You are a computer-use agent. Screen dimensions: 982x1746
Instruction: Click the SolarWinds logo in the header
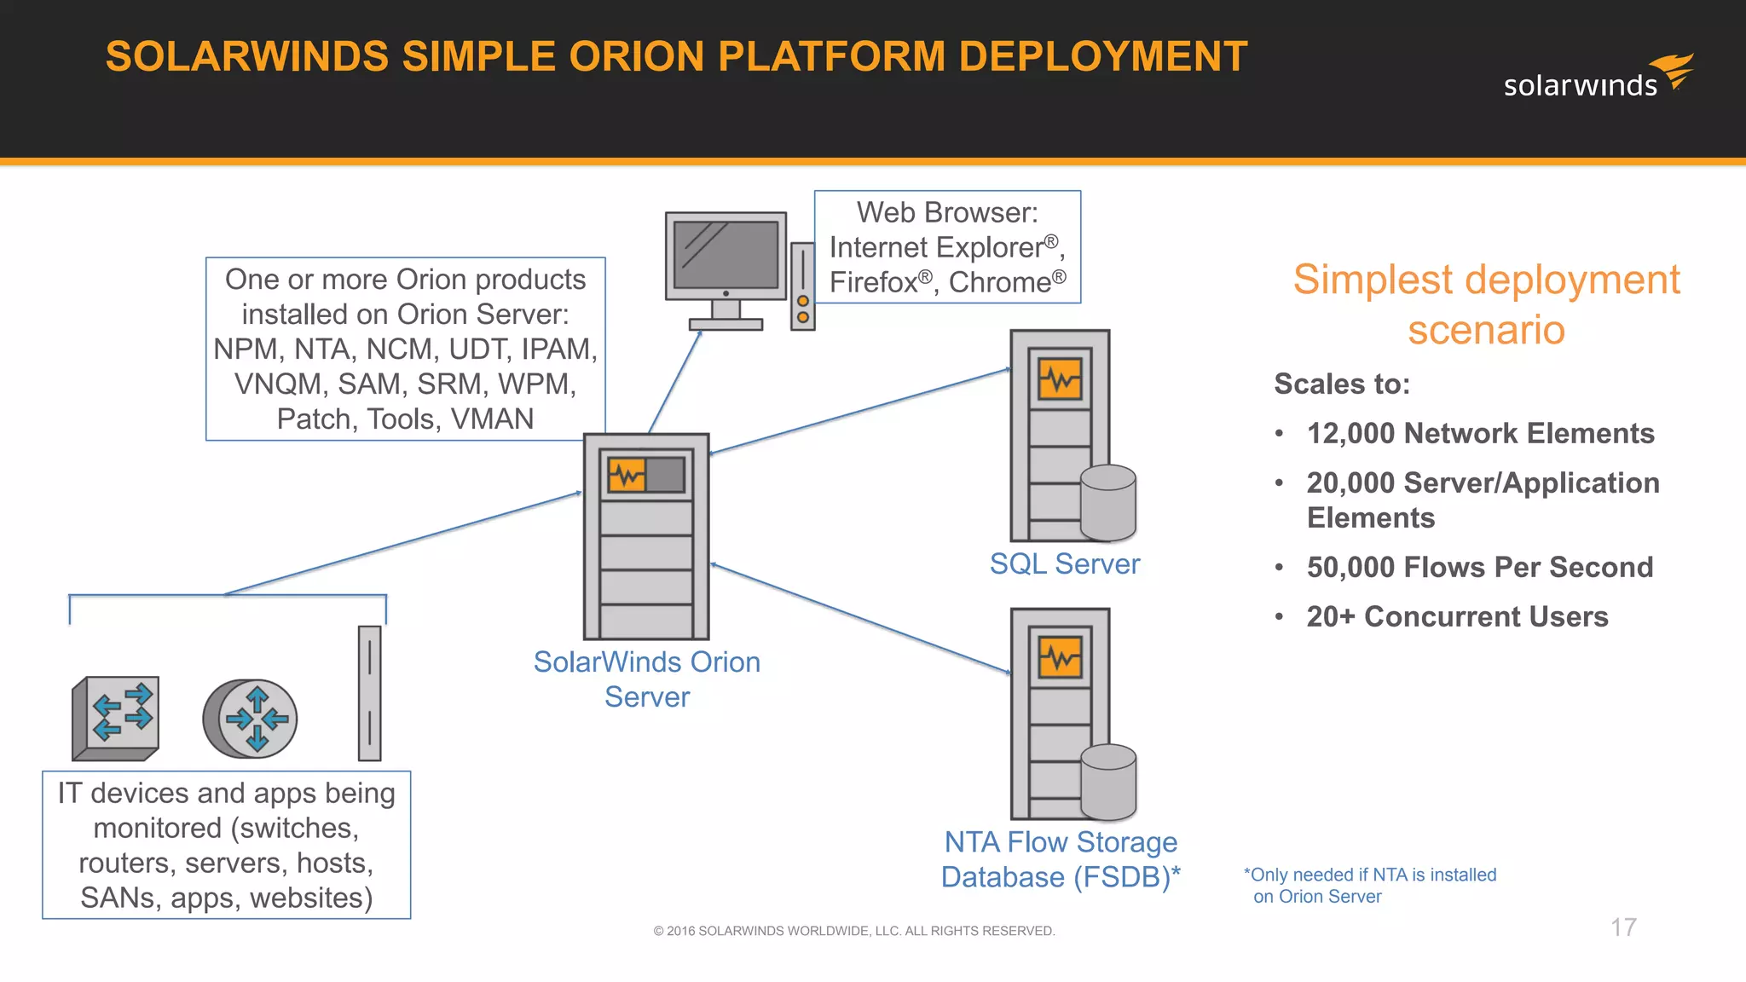(x=1598, y=77)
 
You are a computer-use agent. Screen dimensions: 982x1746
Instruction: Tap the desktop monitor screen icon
(x=726, y=256)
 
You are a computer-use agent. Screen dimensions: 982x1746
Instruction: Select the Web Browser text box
(x=947, y=247)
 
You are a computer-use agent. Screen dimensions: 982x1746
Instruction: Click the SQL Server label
(x=1064, y=564)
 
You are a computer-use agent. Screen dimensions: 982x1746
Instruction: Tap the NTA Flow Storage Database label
(x=1060, y=859)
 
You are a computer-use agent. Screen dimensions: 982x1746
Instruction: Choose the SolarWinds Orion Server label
(x=646, y=679)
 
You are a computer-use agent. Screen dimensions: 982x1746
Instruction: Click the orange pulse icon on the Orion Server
(x=627, y=476)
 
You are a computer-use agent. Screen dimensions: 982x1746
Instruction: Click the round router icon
(x=251, y=719)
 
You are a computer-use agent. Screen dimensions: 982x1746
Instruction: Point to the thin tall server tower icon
(x=369, y=693)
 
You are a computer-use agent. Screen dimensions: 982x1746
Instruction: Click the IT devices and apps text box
(x=226, y=845)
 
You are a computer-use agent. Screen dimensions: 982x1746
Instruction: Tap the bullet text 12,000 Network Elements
(x=1480, y=433)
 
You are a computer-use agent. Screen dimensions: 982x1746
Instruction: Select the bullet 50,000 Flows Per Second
(x=1479, y=567)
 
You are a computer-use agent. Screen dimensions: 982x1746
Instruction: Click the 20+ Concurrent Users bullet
(x=1457, y=616)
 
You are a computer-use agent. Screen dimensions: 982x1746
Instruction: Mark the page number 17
(x=1623, y=927)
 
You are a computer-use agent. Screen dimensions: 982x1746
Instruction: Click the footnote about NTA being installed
(x=1369, y=885)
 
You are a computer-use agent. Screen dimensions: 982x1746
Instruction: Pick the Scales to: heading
(x=1341, y=384)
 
